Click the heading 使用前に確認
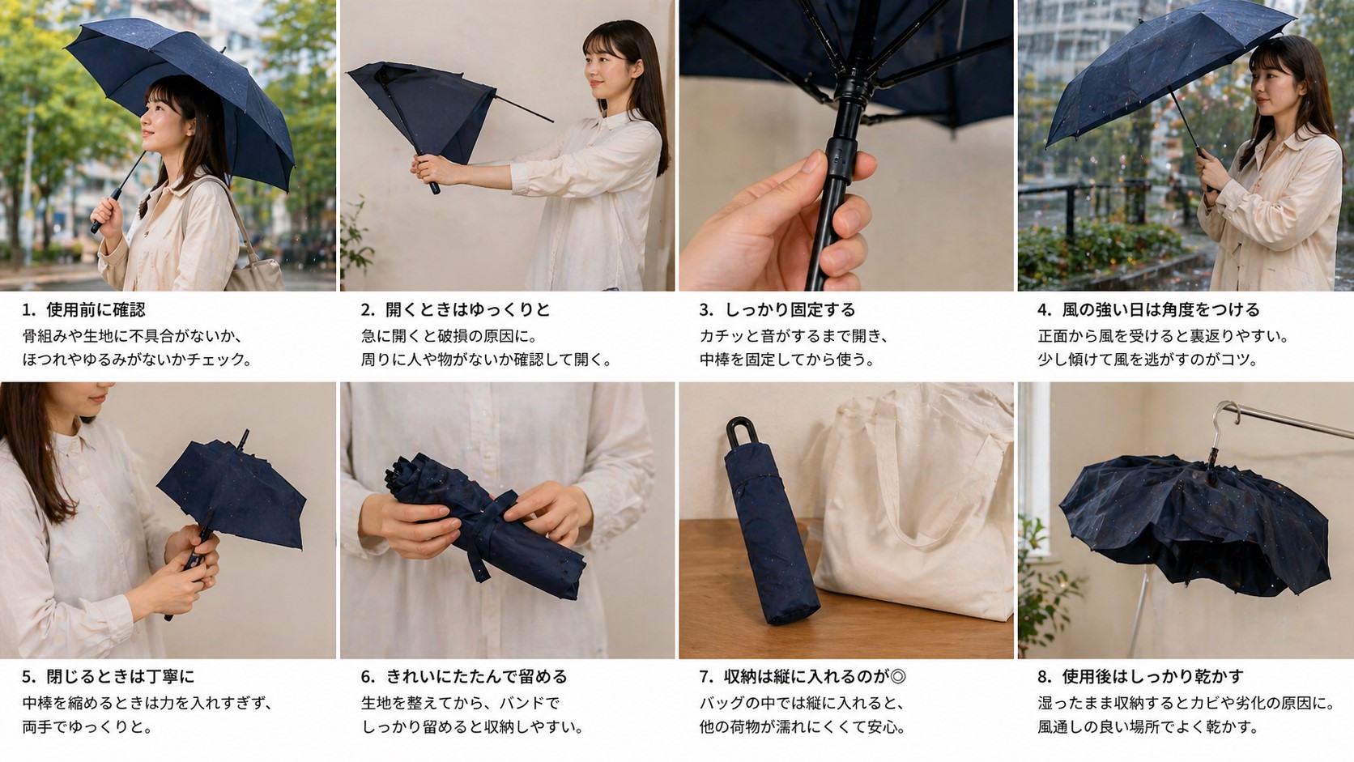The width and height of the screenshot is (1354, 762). coord(96,309)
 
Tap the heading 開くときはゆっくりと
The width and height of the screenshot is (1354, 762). coord(467,309)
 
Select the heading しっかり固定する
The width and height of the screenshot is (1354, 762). coord(790,309)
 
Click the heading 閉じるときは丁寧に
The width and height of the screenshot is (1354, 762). coord(120,676)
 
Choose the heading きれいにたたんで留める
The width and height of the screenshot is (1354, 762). coord(476,676)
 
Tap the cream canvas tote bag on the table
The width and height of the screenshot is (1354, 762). coord(915,518)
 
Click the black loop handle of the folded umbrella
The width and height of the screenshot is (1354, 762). coord(740,432)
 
